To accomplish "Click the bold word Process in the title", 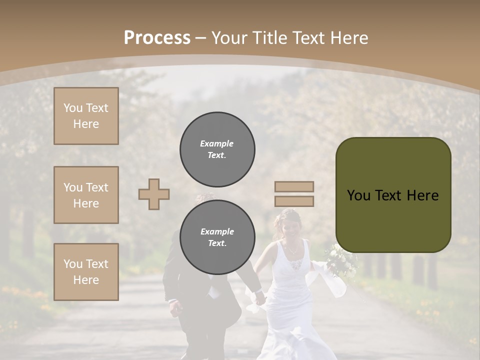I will pyautogui.click(x=157, y=38).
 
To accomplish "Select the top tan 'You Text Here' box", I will pyautogui.click(x=86, y=116).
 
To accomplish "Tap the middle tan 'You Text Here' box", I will pyautogui.click(x=86, y=195).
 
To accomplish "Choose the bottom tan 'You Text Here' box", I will pyautogui.click(x=86, y=272).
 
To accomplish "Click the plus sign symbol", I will pyautogui.click(x=154, y=194).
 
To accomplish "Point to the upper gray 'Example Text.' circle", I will pyautogui.click(x=217, y=149).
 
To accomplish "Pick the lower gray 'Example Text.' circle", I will pyautogui.click(x=217, y=237).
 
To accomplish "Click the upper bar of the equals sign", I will pyautogui.click(x=294, y=186).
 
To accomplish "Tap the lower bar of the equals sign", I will pyautogui.click(x=294, y=201).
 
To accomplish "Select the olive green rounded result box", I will pyautogui.click(x=393, y=195).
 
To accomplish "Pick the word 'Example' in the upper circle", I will pyautogui.click(x=217, y=143).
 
